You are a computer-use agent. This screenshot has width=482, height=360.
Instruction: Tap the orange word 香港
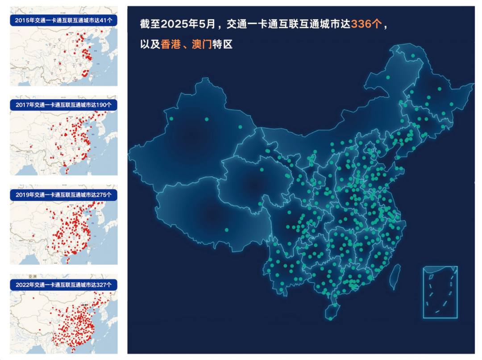(171, 45)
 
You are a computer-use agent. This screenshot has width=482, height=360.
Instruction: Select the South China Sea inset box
(440, 292)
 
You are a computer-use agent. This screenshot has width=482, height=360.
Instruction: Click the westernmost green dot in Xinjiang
(171, 119)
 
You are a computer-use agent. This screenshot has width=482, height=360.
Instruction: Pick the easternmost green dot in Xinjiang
(240, 127)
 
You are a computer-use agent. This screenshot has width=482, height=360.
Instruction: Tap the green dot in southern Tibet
(227, 230)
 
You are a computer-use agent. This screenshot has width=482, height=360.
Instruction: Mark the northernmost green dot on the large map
(413, 56)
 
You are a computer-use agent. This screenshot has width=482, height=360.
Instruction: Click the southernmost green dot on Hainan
(331, 318)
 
